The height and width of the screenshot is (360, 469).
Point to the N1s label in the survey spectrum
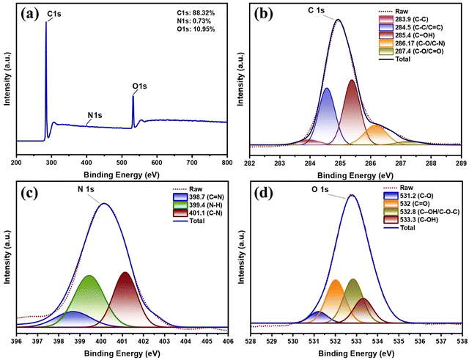(95, 116)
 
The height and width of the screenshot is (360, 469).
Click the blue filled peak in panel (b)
(327, 117)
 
